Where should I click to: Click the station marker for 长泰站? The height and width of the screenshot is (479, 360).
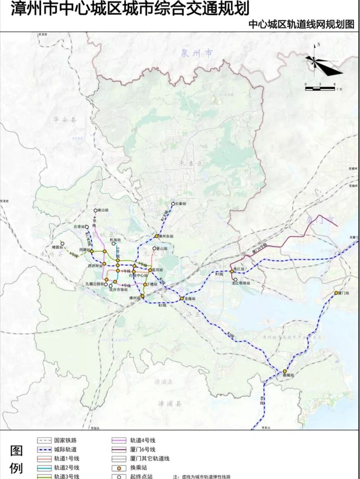coord(173,204)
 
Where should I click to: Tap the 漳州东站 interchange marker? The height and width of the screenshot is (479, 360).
coord(157,237)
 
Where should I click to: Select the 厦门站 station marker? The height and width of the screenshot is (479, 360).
coord(336,293)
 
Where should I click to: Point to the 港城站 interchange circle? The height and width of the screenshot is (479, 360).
coord(285,370)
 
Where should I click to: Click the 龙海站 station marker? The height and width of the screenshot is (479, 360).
coord(181,298)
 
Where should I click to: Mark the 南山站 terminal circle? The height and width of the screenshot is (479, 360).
coord(95,211)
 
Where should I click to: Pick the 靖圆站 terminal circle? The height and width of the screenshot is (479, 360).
coord(62,243)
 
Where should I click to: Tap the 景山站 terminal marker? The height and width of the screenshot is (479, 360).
coord(154,248)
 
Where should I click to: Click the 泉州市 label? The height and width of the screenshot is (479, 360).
coord(196,53)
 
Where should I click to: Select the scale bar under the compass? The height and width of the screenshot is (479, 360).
coord(320,89)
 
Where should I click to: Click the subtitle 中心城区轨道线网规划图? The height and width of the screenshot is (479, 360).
coord(301,25)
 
